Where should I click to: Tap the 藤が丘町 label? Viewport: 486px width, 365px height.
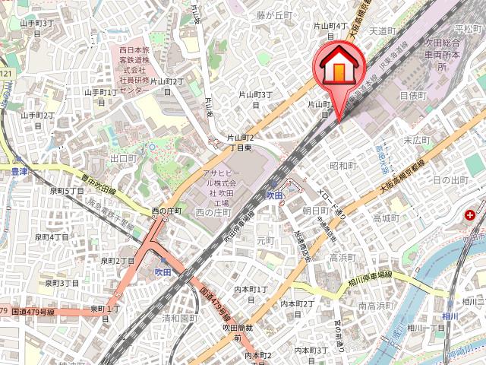click(x=273, y=14)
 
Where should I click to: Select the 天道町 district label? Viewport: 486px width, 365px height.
click(x=383, y=31)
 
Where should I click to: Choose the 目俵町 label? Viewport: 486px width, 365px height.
click(x=413, y=96)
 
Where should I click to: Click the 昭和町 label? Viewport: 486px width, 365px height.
click(x=343, y=165)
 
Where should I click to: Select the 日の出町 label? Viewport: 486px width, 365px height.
click(x=450, y=179)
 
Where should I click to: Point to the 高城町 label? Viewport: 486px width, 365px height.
click(x=386, y=218)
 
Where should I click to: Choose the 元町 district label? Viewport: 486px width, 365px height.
click(x=265, y=240)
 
